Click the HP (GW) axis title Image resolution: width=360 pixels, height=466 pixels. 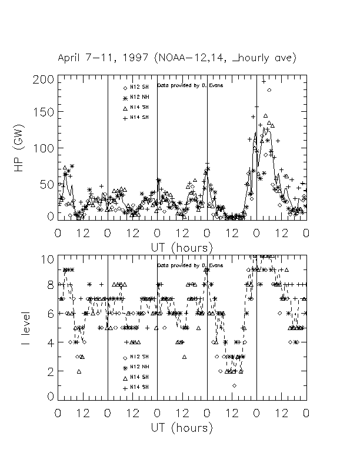[x=21, y=148]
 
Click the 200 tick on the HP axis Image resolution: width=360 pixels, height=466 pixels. [x=47, y=79]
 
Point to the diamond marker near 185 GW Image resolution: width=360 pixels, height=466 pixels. [x=269, y=90]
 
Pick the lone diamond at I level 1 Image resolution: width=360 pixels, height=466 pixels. [x=234, y=385]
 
